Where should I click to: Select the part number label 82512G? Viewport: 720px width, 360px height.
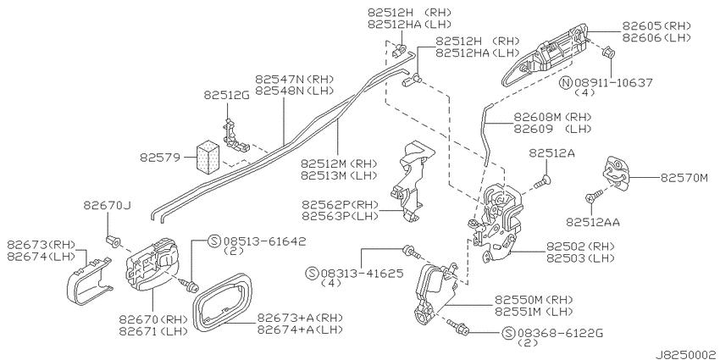226,95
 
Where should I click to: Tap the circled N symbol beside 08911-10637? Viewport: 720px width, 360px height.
566,83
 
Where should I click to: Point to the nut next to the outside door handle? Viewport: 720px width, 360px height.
607,53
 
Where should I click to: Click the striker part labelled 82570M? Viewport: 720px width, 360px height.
616,173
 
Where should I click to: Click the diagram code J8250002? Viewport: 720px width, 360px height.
686,354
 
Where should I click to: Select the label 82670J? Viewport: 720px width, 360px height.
107,206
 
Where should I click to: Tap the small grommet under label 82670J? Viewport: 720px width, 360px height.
112,241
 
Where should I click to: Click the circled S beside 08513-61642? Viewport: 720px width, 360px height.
213,241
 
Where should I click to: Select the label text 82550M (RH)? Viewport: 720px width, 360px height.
533,301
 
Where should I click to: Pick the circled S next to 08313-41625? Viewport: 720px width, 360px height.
312,274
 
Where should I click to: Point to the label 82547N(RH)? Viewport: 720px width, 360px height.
294,79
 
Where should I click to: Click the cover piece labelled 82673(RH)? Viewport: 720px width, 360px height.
89,281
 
